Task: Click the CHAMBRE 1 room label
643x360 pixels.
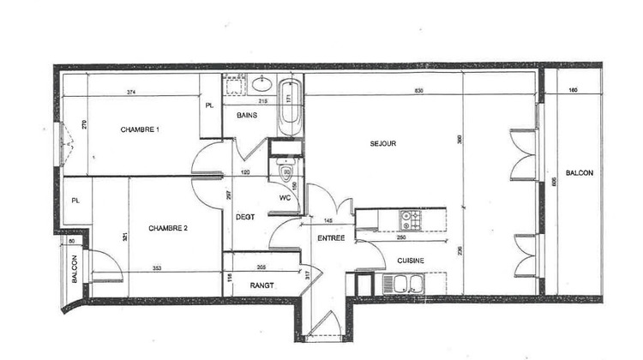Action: (141, 129)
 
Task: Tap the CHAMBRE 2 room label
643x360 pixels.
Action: (168, 228)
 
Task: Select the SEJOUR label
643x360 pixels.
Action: (382, 143)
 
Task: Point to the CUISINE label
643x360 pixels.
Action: (411, 261)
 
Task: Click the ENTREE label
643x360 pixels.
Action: (331, 238)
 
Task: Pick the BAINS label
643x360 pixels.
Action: (248, 116)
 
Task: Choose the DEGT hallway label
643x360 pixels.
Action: (246, 217)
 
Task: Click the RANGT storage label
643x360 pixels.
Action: (261, 286)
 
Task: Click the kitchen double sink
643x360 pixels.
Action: (401, 285)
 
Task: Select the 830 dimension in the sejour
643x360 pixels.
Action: (418, 91)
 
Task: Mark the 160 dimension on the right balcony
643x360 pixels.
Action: (573, 91)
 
